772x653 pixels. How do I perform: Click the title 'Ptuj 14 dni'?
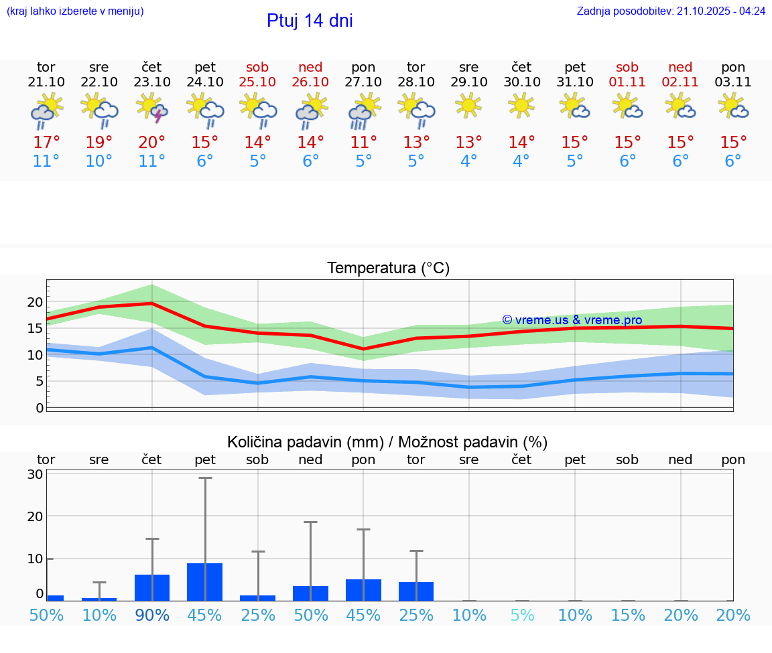pyautogui.click(x=310, y=21)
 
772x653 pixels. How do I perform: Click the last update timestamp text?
pyautogui.click(x=671, y=11)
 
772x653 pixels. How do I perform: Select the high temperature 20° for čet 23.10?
pyautogui.click(x=152, y=143)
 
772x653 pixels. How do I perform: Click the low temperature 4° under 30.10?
pyautogui.click(x=521, y=161)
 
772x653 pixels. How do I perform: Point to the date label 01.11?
pyautogui.click(x=627, y=82)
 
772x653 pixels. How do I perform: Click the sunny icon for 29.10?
pyautogui.click(x=468, y=105)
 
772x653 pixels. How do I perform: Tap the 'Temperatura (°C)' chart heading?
pyautogui.click(x=388, y=269)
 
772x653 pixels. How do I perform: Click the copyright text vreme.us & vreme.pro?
pyautogui.click(x=572, y=320)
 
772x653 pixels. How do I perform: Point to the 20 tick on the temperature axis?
pyautogui.click(x=35, y=302)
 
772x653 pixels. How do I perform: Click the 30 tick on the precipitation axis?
pyautogui.click(x=35, y=474)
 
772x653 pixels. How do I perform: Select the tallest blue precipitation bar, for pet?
pyautogui.click(x=205, y=582)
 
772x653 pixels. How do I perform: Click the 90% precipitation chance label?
pyautogui.click(x=152, y=615)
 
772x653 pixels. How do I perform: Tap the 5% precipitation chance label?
pyautogui.click(x=521, y=615)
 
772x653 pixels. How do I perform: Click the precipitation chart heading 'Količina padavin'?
pyautogui.click(x=387, y=442)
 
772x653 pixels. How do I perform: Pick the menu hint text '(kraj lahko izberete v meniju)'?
pyautogui.click(x=75, y=11)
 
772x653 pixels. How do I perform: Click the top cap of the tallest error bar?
pyautogui.click(x=205, y=478)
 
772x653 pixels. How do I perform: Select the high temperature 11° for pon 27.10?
pyautogui.click(x=363, y=143)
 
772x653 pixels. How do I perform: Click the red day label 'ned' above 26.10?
pyautogui.click(x=310, y=68)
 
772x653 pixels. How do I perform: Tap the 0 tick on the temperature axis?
pyautogui.click(x=40, y=408)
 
